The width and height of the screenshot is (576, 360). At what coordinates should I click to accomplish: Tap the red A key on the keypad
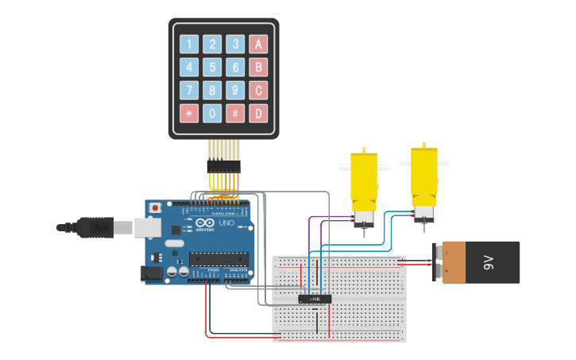(258, 44)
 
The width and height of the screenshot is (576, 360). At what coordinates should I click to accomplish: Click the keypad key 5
(212, 67)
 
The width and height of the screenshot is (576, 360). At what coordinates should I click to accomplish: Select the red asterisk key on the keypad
(189, 113)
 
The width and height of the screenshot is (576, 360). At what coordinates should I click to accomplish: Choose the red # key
(235, 113)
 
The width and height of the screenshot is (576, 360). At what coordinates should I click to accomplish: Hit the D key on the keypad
(258, 113)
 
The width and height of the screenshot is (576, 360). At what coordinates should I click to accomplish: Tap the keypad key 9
(235, 90)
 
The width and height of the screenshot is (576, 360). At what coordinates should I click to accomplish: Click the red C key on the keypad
(258, 90)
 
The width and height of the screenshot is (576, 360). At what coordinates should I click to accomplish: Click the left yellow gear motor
(364, 187)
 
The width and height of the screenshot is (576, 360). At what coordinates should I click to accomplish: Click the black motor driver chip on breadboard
(315, 299)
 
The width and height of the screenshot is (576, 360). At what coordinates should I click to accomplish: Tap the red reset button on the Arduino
(155, 208)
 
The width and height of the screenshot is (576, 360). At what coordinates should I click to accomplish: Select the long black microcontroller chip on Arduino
(218, 257)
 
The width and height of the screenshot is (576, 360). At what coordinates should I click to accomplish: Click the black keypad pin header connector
(223, 167)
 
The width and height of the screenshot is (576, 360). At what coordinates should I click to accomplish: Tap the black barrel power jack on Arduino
(152, 273)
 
